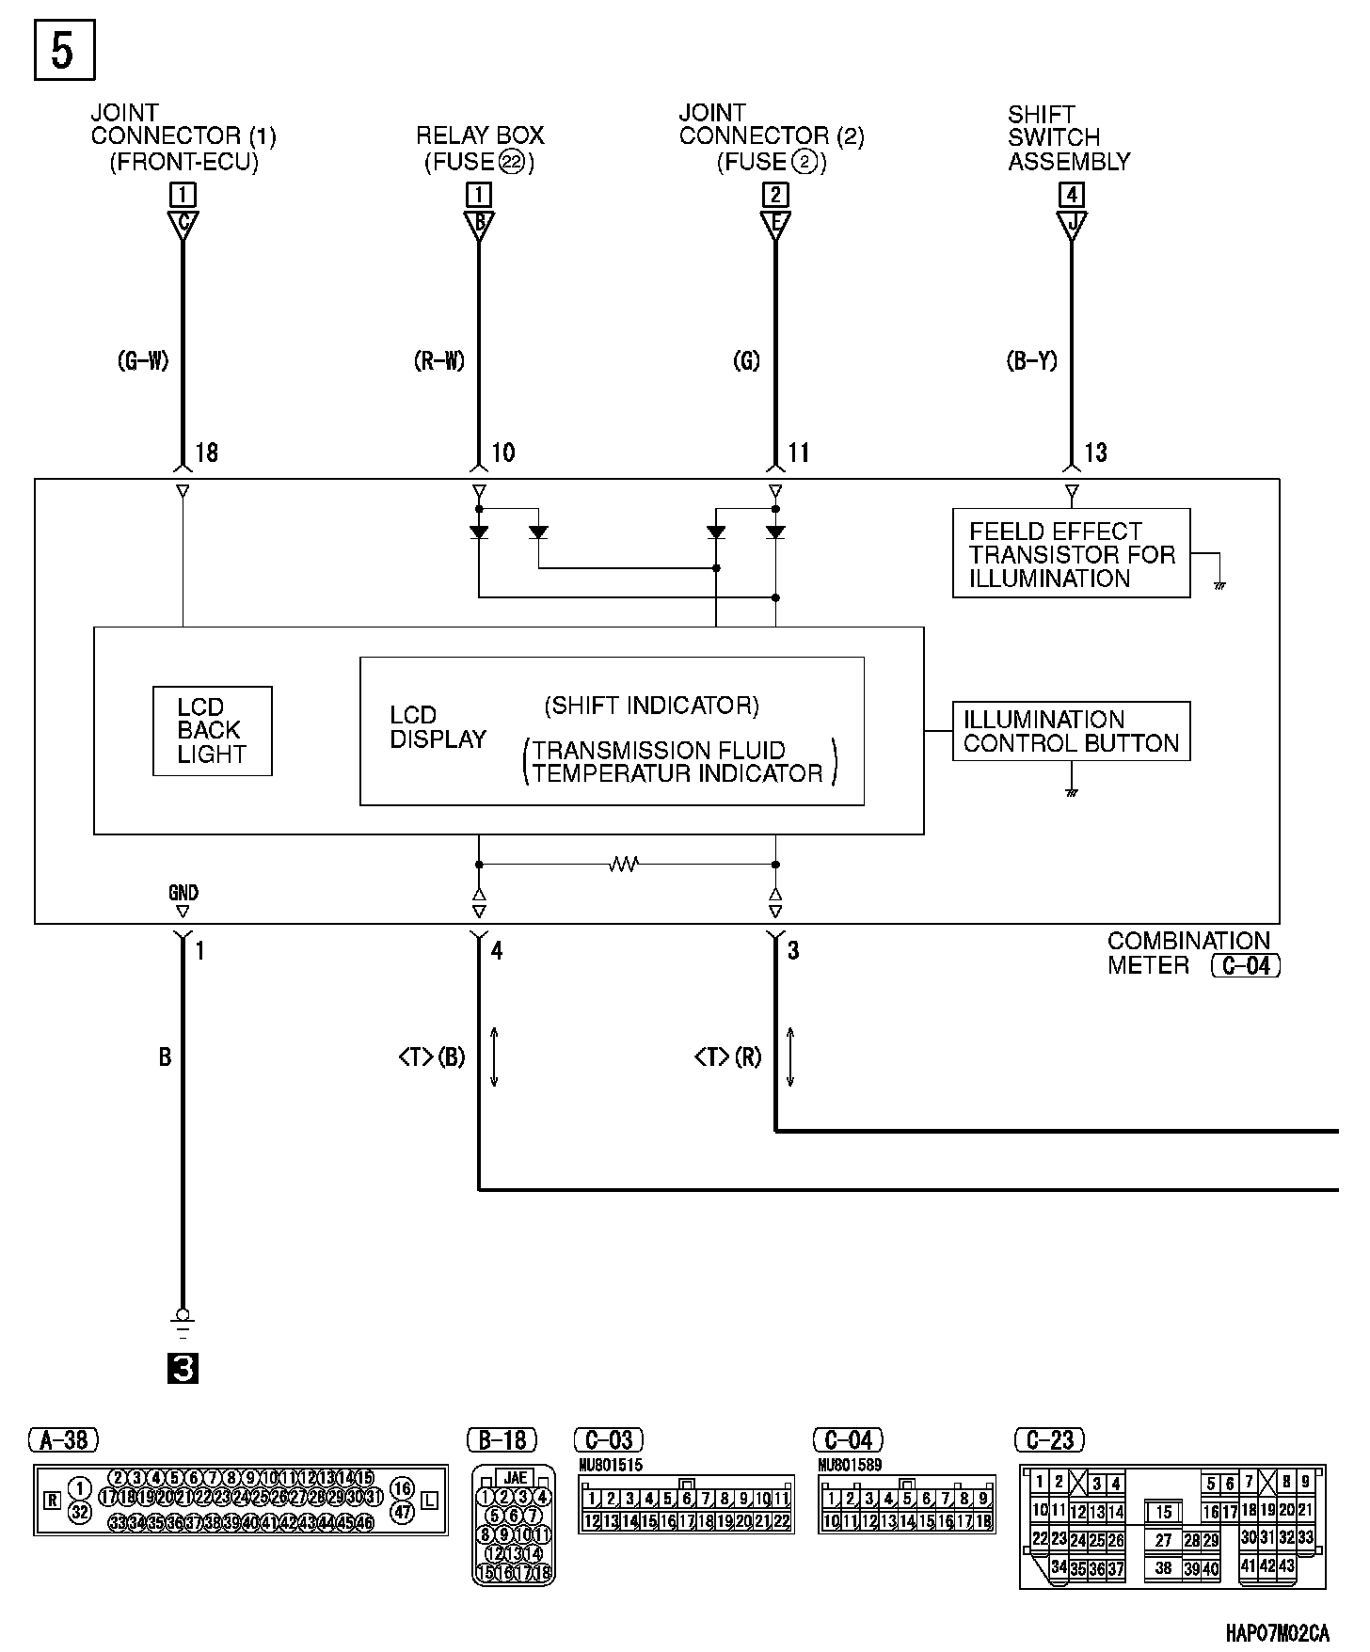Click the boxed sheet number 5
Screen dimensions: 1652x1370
coord(64,50)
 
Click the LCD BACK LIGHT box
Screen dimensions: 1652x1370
coord(212,731)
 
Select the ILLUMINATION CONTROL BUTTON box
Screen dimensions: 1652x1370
coord(1071,731)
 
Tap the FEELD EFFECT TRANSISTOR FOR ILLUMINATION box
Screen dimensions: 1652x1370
coord(1071,554)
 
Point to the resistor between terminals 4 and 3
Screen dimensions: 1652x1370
coord(624,864)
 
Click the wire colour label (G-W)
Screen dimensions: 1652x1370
coord(143,360)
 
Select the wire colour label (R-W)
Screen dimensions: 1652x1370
coord(439,360)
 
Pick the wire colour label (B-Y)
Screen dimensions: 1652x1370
coord(1032,360)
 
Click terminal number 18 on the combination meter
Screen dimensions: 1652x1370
coord(206,453)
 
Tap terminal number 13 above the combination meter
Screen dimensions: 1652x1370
coord(1095,453)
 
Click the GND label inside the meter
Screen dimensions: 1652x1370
coord(183,892)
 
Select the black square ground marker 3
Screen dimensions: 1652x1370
coord(183,1368)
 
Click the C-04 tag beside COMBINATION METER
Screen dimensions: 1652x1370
coord(1246,965)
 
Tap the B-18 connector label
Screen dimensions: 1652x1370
coord(502,1440)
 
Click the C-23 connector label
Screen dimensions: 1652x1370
coord(1050,1440)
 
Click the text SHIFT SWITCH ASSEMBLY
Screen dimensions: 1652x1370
coord(1068,138)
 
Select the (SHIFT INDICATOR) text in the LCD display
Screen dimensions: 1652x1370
coord(651,706)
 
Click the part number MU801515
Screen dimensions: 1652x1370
coord(611,1466)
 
